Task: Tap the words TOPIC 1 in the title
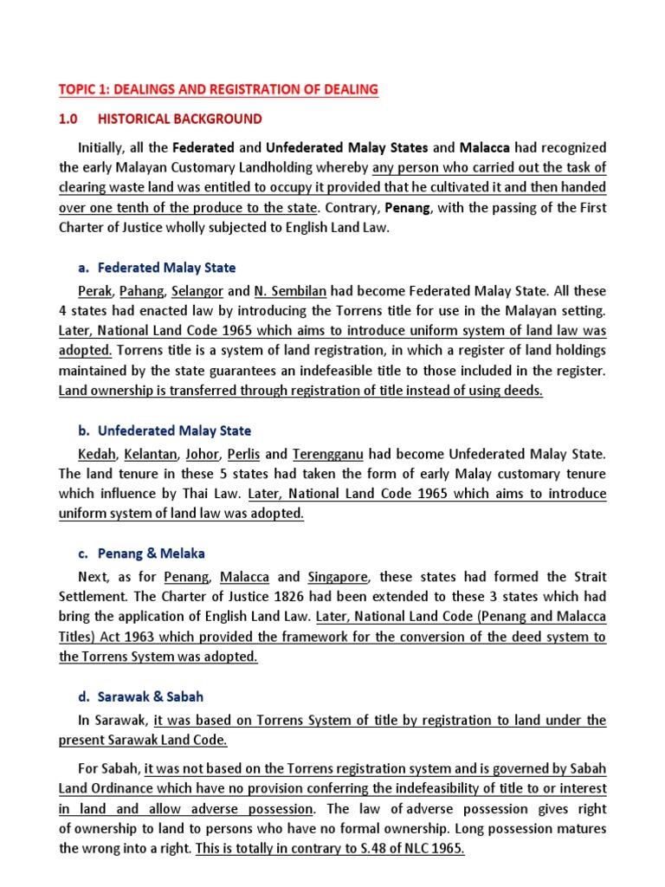(x=83, y=90)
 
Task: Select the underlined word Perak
(x=94, y=290)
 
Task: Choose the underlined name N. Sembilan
(x=290, y=290)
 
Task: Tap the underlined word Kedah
(x=96, y=454)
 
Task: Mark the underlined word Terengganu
(x=328, y=454)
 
